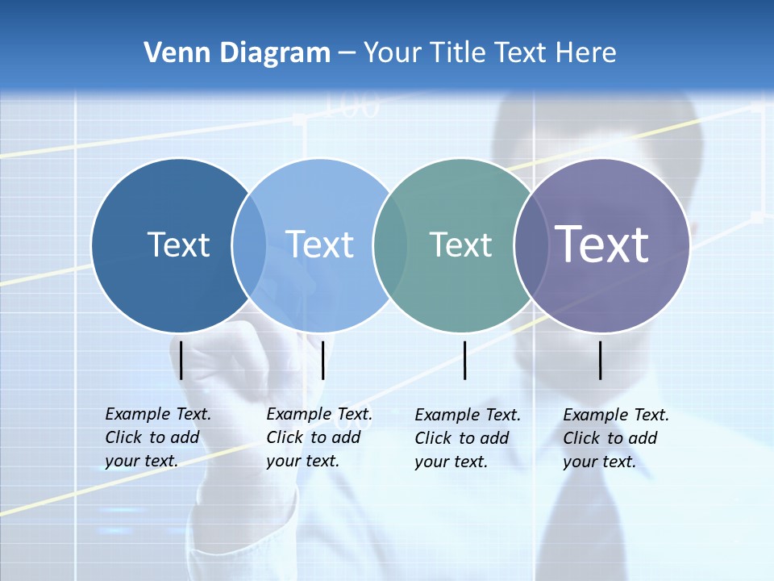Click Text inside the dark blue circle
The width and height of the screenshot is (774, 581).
click(x=178, y=245)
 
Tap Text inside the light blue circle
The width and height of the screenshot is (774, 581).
click(x=319, y=245)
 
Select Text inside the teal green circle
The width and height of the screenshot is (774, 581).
click(x=460, y=245)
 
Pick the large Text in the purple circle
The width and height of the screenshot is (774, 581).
click(x=602, y=244)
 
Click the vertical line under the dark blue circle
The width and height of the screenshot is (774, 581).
click(x=181, y=360)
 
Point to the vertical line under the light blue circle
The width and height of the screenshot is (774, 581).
click(x=322, y=360)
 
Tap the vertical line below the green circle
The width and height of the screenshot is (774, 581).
click(x=465, y=360)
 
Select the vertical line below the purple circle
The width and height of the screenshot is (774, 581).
click(x=601, y=360)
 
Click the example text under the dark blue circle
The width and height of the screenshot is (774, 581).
click(x=157, y=437)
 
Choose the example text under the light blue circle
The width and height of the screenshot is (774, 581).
click(x=318, y=437)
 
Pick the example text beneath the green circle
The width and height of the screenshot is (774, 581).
click(x=467, y=438)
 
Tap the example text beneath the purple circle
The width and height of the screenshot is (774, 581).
click(x=615, y=438)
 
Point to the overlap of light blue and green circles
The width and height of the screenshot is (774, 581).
click(x=390, y=245)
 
